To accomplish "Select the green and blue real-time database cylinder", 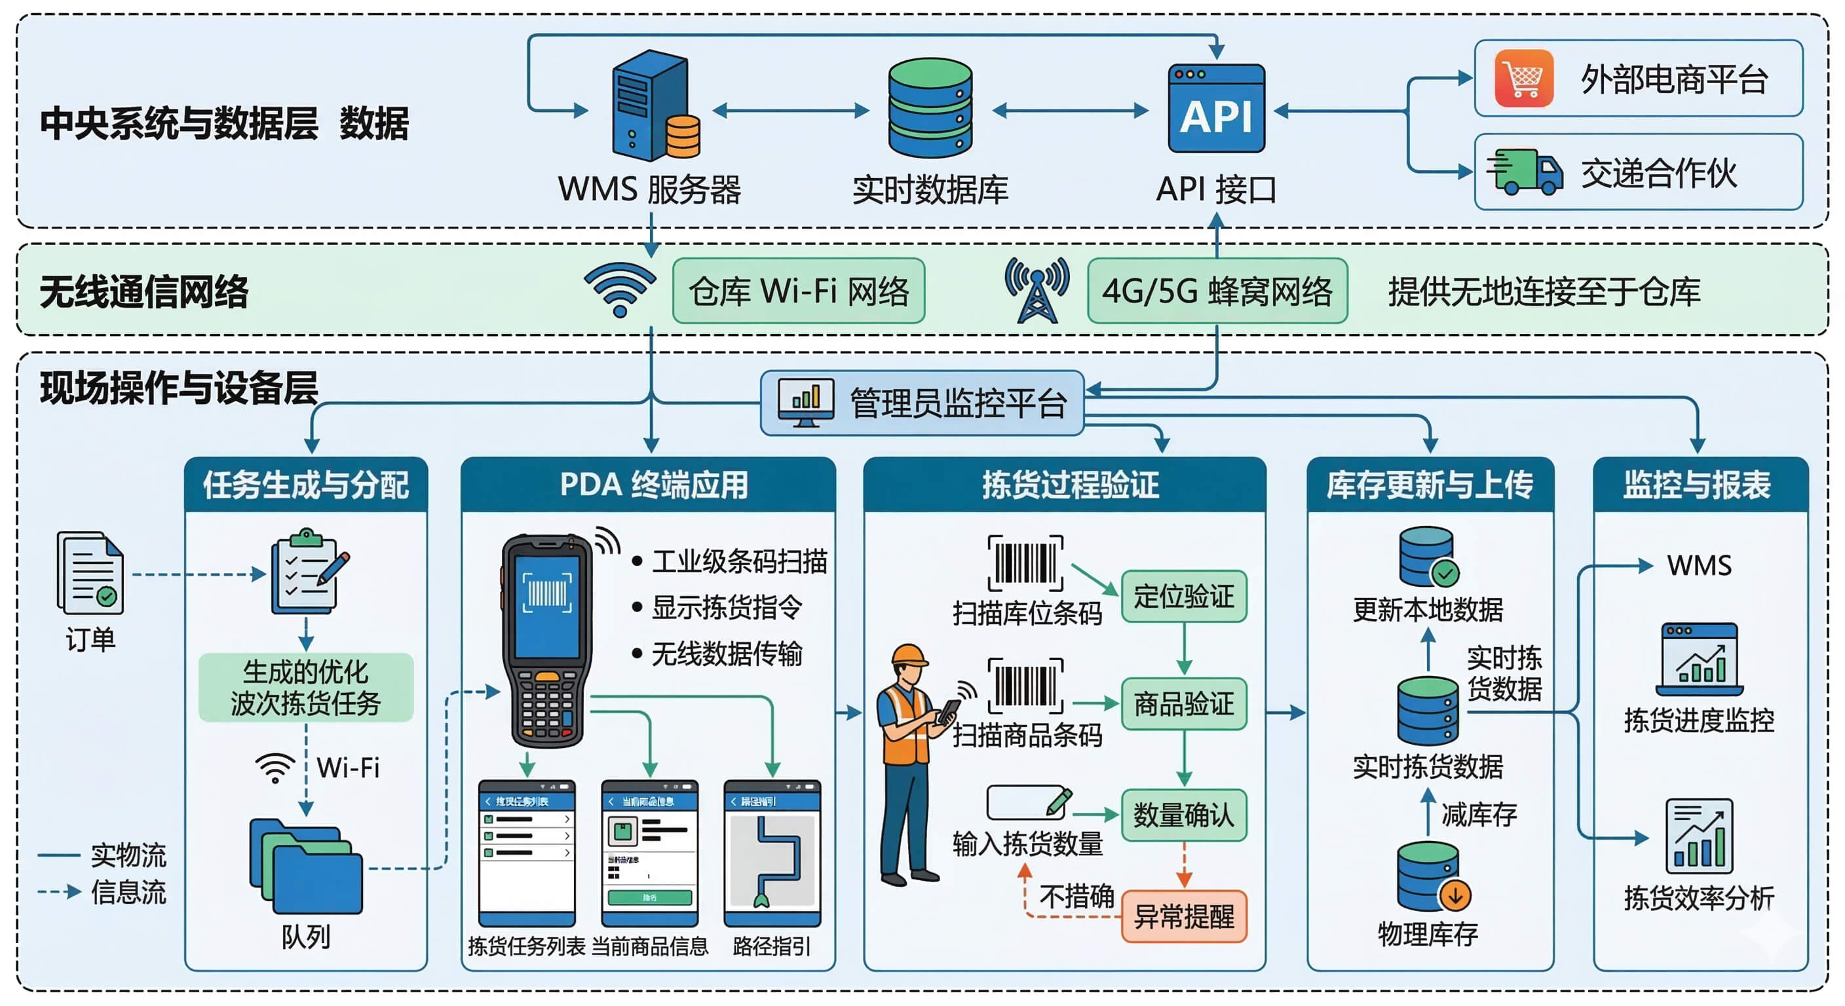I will click(x=930, y=108).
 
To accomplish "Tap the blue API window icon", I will click(x=1215, y=109).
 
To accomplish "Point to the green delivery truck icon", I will click(x=1524, y=172).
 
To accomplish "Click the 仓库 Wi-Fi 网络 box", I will click(x=798, y=291).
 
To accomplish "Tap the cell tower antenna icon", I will click(x=1037, y=290).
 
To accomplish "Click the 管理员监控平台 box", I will click(x=922, y=403).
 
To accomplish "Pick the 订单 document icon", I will click(x=90, y=573).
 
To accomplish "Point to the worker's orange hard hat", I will click(x=909, y=655).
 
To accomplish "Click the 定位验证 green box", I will click(x=1183, y=597).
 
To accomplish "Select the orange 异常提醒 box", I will click(x=1183, y=916).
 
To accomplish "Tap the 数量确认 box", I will click(x=1183, y=815).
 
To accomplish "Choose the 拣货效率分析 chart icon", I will click(x=1698, y=836).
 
